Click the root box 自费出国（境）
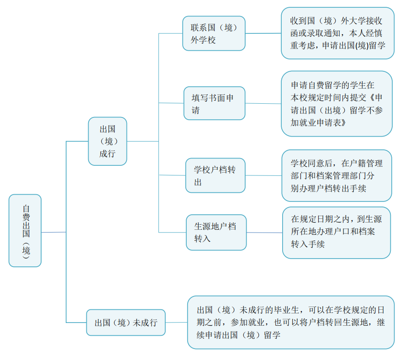tap(25, 230)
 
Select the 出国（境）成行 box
tap(107, 141)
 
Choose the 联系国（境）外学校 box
tap(214, 33)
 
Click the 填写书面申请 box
tap(215, 103)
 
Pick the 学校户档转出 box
tap(215, 175)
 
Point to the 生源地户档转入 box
tap(216, 233)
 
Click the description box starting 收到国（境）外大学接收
tap(337, 33)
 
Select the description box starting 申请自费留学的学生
tap(337, 104)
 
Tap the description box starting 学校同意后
tap(337, 176)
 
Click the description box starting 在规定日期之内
tap(337, 233)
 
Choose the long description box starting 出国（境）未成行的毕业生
tap(290, 323)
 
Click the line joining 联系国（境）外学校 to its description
tap(263, 33)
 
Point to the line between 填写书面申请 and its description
tap(263, 103)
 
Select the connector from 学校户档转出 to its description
tap(263, 175)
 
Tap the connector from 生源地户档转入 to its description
tap(264, 233)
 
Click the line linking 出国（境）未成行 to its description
tap(176, 323)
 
